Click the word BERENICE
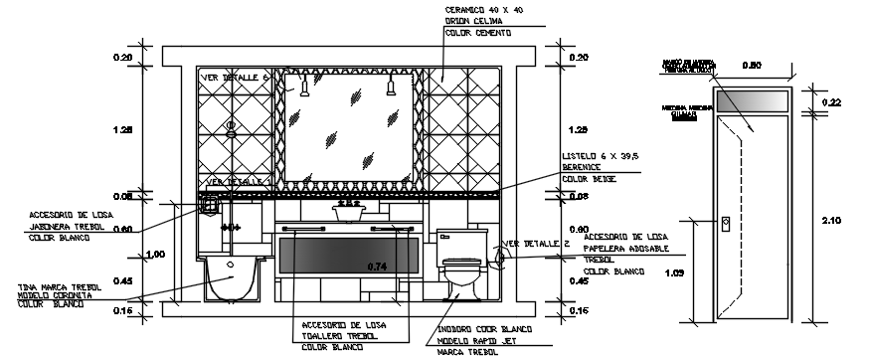[584, 168]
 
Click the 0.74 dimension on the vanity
[376, 267]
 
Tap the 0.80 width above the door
[754, 67]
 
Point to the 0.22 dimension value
[832, 102]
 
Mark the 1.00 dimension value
[155, 255]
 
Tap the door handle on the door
[725, 224]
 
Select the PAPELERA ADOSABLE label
[626, 248]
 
